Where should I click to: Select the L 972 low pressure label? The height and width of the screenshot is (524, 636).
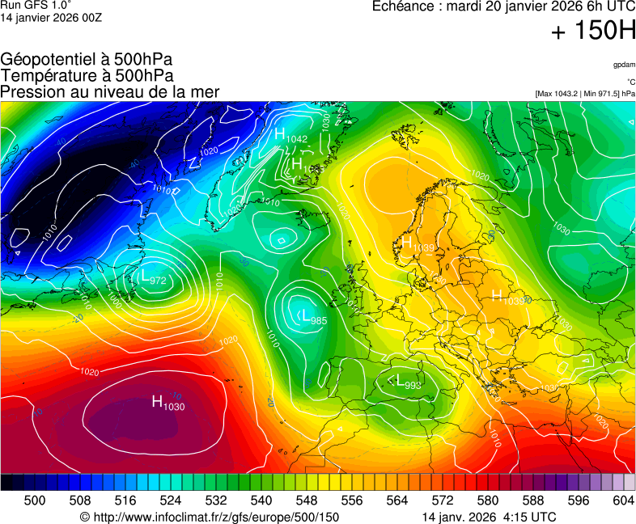151,278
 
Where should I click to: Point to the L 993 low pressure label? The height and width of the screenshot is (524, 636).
407,382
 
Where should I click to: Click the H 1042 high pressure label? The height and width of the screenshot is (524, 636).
290,136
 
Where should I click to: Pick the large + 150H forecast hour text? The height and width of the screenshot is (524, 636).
592,32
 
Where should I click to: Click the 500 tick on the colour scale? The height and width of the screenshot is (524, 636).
35,501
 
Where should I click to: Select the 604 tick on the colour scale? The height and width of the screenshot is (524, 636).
623,501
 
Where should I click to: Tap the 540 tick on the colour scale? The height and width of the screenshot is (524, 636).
261,501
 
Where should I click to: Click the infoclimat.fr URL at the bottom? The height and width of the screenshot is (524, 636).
210,517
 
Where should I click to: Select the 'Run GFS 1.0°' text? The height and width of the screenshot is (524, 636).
36,5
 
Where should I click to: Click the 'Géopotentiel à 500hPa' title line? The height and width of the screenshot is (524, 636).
87,60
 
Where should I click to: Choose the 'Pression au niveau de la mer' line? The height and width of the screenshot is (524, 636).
110,92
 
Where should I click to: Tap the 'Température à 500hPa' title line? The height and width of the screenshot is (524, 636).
87,76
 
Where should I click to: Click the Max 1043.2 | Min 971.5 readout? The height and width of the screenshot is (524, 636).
584,94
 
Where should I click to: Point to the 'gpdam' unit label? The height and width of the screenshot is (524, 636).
624,65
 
